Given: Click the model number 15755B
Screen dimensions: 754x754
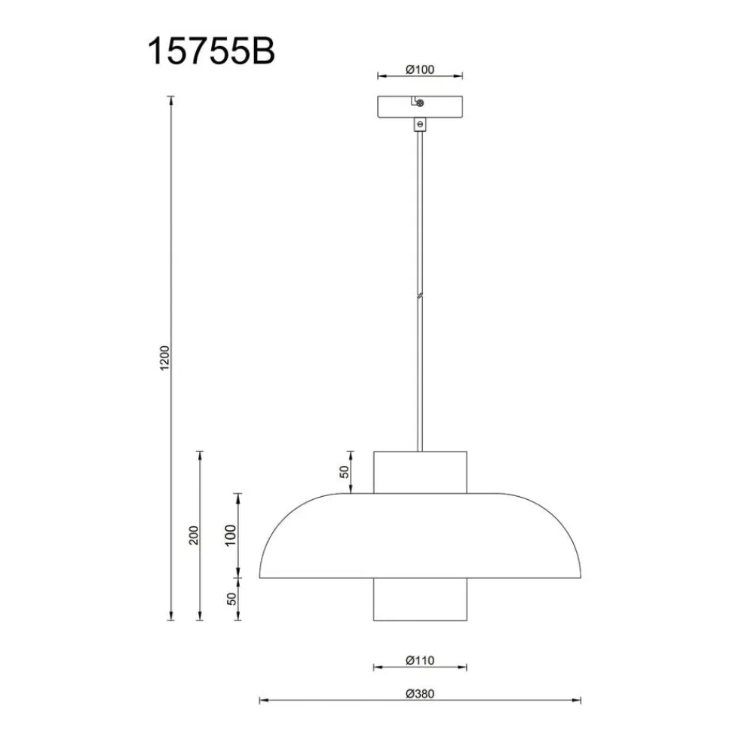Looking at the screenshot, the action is [211, 51].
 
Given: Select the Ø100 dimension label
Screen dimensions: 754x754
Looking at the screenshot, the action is [420, 69].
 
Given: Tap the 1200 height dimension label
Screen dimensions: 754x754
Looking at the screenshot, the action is [164, 357].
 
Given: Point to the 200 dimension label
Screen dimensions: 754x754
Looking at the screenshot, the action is [193, 535].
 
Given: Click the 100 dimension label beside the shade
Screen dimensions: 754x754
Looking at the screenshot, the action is [230, 535].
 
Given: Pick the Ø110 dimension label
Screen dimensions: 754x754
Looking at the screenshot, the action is [420, 661].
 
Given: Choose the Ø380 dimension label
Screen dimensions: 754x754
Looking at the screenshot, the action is [420, 694].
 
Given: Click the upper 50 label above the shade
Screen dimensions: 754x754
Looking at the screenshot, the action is [345, 472].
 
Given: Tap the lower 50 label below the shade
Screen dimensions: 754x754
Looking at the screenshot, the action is [231, 599].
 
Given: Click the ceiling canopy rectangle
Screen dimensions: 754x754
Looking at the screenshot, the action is [420, 107].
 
